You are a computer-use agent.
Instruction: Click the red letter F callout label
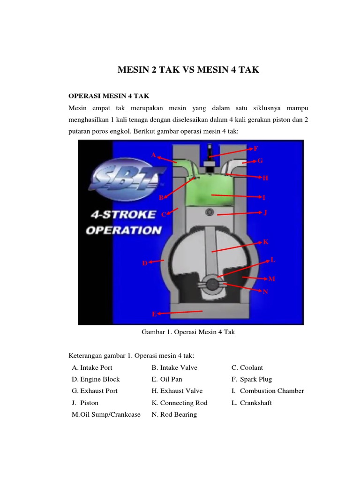point(255,149)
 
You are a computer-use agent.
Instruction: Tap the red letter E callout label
point(154,314)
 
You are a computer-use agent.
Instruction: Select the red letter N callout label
point(265,292)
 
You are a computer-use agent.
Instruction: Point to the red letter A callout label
point(153,155)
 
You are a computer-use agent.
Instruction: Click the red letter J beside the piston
point(265,212)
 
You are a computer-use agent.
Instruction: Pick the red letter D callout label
point(145,263)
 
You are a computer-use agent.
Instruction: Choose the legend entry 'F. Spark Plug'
point(252,379)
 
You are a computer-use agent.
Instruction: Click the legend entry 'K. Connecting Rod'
point(180,403)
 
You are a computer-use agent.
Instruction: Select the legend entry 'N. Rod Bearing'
point(174,414)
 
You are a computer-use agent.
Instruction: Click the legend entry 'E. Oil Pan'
point(167,379)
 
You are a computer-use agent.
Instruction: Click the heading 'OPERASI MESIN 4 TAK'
point(109,96)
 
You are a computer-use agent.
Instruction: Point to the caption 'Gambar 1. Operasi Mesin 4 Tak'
point(188,332)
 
